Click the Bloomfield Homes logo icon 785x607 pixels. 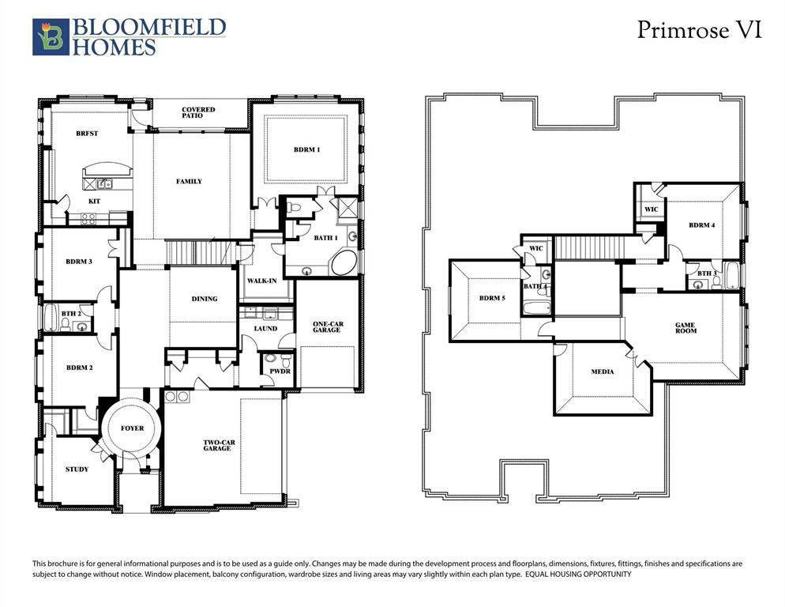click(x=51, y=37)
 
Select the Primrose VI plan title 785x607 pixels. click(x=699, y=31)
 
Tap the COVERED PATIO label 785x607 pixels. click(x=198, y=112)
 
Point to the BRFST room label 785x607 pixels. click(x=87, y=134)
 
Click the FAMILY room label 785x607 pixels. click(x=189, y=182)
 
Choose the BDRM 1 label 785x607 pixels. click(x=306, y=149)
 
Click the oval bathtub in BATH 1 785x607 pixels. click(x=344, y=262)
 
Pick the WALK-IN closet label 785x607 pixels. click(x=261, y=281)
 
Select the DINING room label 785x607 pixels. click(x=205, y=299)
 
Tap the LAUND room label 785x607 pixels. click(x=266, y=327)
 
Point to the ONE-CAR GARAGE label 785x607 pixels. click(x=326, y=326)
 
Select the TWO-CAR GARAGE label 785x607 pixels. click(x=216, y=445)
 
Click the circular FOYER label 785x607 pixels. click(x=132, y=428)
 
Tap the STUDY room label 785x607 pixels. click(x=77, y=469)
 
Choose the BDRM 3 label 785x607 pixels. click(x=79, y=262)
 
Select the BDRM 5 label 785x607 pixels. click(x=491, y=298)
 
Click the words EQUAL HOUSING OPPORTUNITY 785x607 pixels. click(x=578, y=575)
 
